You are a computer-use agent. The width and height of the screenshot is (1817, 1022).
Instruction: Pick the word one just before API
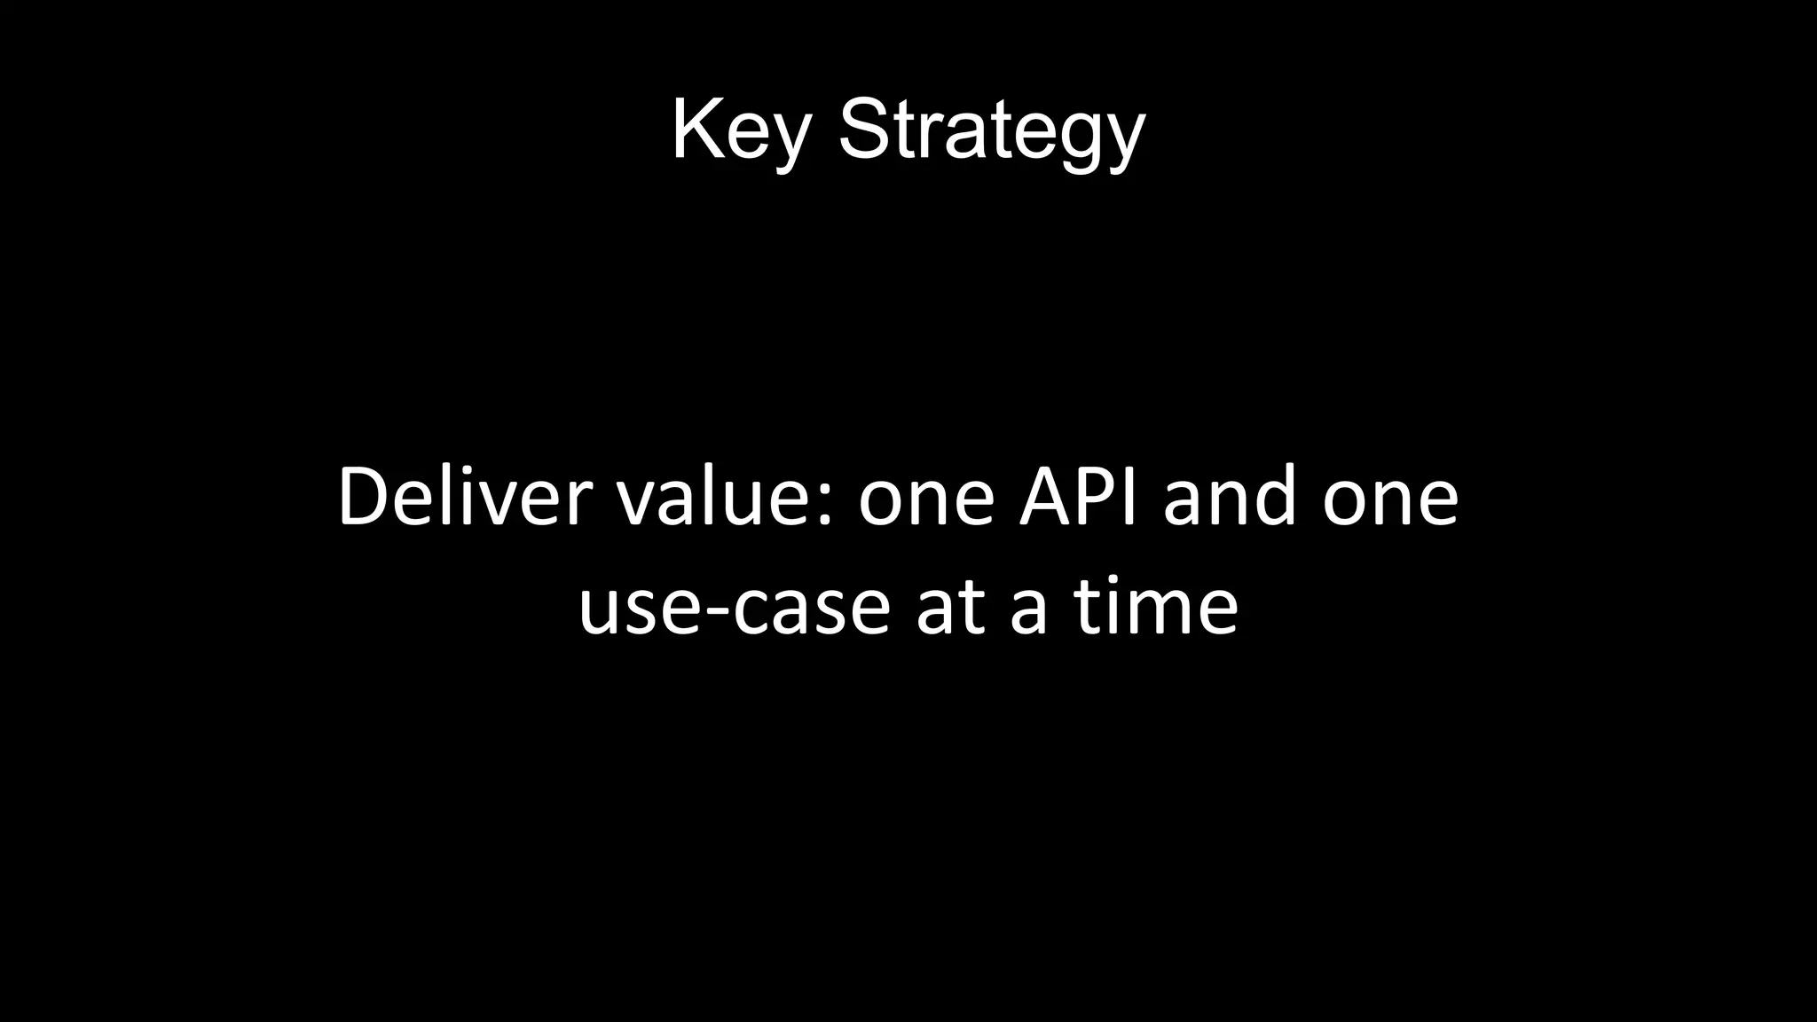926,501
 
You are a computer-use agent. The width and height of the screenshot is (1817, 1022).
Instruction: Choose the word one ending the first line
1390,501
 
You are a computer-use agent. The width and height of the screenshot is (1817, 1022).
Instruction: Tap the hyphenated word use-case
734,609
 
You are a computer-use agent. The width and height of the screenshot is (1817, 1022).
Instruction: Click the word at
950,609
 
